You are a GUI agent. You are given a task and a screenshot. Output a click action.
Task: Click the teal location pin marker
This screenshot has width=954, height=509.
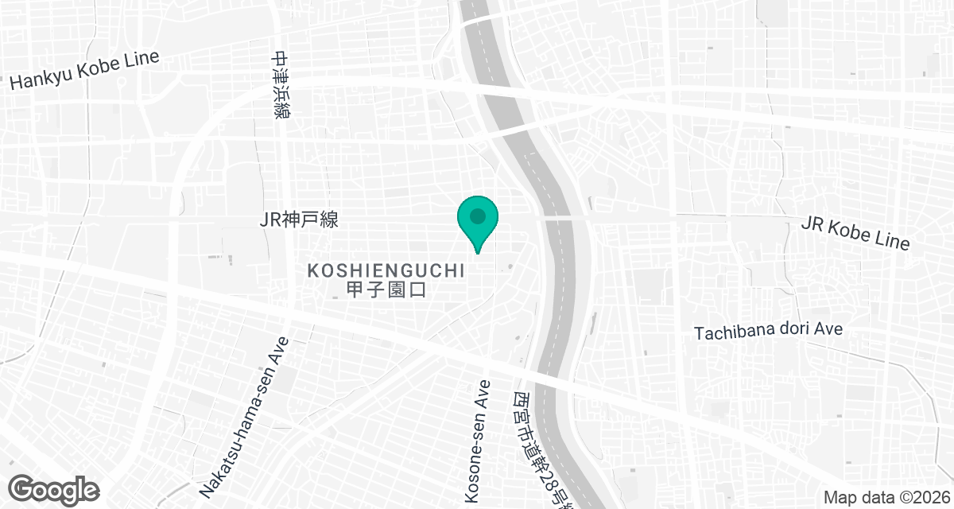(477, 221)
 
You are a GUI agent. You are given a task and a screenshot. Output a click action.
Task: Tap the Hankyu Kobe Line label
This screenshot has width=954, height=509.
(84, 71)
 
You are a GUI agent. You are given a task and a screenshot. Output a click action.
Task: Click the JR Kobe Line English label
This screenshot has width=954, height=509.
(855, 232)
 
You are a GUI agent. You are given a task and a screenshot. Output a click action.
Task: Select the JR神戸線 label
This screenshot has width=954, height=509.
(299, 220)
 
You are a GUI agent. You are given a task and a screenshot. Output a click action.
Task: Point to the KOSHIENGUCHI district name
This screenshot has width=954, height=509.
(386, 271)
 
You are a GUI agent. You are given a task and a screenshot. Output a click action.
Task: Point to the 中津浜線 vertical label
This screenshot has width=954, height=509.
(281, 85)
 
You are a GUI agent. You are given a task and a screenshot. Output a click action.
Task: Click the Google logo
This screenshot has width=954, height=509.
(55, 489)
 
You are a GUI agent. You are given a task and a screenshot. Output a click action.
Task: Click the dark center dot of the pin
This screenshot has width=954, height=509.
(477, 216)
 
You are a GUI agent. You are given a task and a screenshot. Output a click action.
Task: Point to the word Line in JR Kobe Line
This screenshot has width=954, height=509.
(893, 238)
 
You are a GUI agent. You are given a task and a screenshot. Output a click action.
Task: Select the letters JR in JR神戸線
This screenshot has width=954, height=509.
(269, 220)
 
